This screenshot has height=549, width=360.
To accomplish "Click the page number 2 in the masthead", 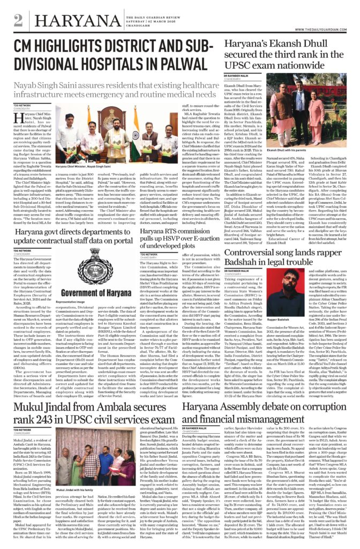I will click(x=18, y=20).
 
